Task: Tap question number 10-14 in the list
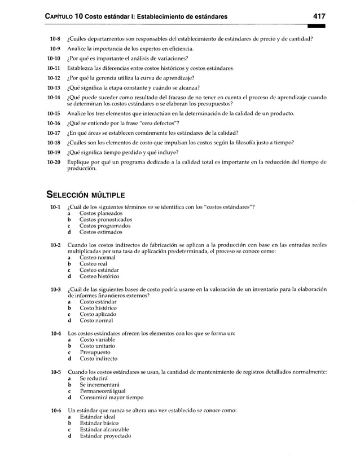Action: pyautogui.click(x=54, y=97)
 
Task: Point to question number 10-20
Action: pyautogui.click(x=54, y=162)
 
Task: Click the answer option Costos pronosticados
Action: pyautogui.click(x=106, y=219)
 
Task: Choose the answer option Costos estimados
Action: pyautogui.click(x=100, y=232)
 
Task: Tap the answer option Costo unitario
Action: pyautogui.click(x=97, y=346)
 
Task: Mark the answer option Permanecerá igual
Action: pyautogui.click(x=103, y=391)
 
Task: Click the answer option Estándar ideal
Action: pyautogui.click(x=97, y=417)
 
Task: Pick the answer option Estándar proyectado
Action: pyautogui.click(x=105, y=436)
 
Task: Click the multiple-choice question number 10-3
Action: pyautogui.click(x=55, y=289)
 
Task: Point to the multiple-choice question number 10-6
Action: pyautogui.click(x=55, y=411)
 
